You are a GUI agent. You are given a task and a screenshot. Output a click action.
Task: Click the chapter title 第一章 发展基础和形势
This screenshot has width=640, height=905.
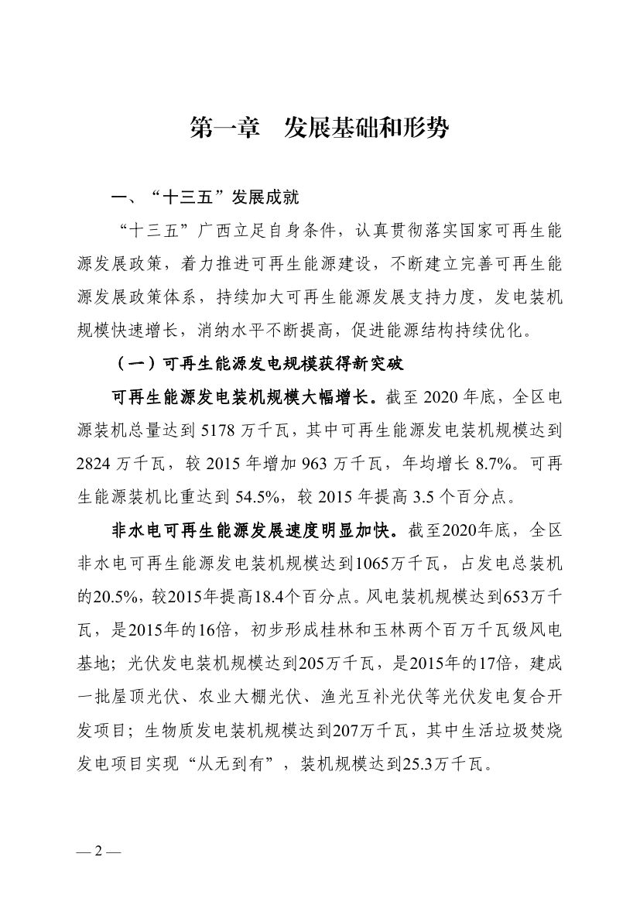click(x=320, y=129)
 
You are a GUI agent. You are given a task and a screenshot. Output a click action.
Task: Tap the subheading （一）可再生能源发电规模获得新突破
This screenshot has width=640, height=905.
click(x=258, y=363)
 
